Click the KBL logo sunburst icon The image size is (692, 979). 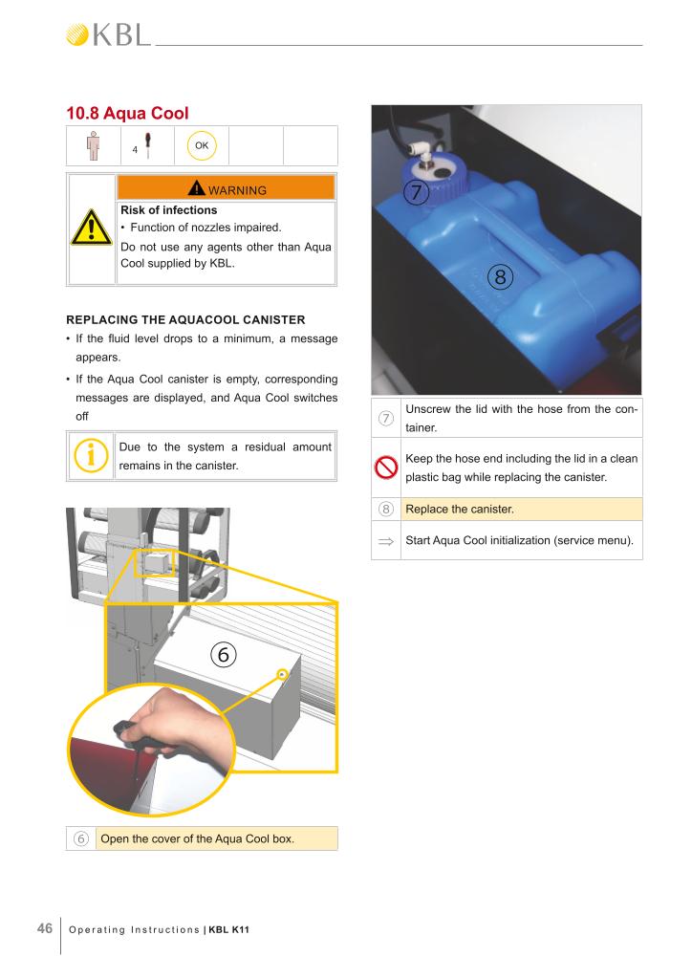click(x=77, y=35)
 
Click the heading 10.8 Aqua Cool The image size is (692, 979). click(x=127, y=113)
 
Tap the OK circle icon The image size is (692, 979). click(x=202, y=145)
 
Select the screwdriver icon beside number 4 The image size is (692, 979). click(x=148, y=145)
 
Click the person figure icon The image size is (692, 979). click(x=93, y=145)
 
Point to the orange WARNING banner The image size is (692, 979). click(x=226, y=187)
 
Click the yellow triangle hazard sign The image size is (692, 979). click(x=91, y=228)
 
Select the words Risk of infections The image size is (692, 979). click(x=168, y=210)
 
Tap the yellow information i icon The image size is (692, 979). click(x=91, y=454)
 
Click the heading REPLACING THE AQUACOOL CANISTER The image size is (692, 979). click(x=186, y=319)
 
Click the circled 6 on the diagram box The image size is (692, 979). click(x=224, y=654)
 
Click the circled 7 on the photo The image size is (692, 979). click(x=416, y=192)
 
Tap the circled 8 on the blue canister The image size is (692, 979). click(x=500, y=276)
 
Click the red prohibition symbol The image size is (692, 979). click(x=386, y=467)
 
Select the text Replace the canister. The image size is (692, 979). click(x=460, y=509)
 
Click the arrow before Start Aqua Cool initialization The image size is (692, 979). click(x=386, y=541)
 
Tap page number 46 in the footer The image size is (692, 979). click(x=45, y=928)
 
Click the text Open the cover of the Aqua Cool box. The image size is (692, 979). click(x=197, y=838)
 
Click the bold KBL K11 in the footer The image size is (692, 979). click(x=229, y=929)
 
